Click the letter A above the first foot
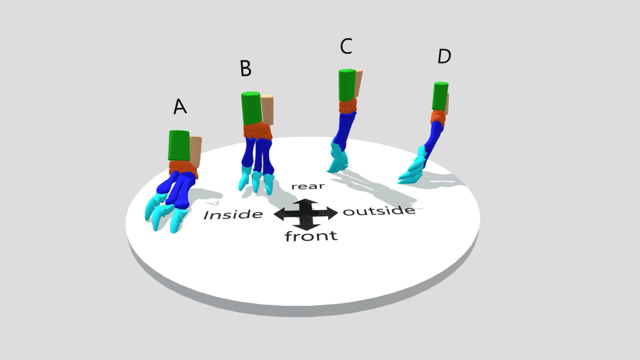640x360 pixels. pyautogui.click(x=180, y=107)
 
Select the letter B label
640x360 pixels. pyautogui.click(x=246, y=69)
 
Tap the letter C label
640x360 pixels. pyautogui.click(x=346, y=46)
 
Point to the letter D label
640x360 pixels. pyautogui.click(x=444, y=56)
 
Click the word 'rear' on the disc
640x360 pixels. pyautogui.click(x=308, y=186)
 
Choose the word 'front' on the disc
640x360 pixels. pyautogui.click(x=311, y=236)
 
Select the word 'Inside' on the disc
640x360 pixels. pyautogui.click(x=233, y=215)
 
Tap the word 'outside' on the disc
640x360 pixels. pyautogui.click(x=379, y=211)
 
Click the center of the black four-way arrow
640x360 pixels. pyautogui.click(x=306, y=214)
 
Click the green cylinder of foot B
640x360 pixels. pyautogui.click(x=251, y=108)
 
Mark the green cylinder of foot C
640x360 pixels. pyautogui.click(x=347, y=85)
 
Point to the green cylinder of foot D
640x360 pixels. pyautogui.click(x=440, y=96)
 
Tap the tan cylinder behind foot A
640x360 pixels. pyautogui.click(x=196, y=152)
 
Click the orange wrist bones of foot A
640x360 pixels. pyautogui.click(x=183, y=169)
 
